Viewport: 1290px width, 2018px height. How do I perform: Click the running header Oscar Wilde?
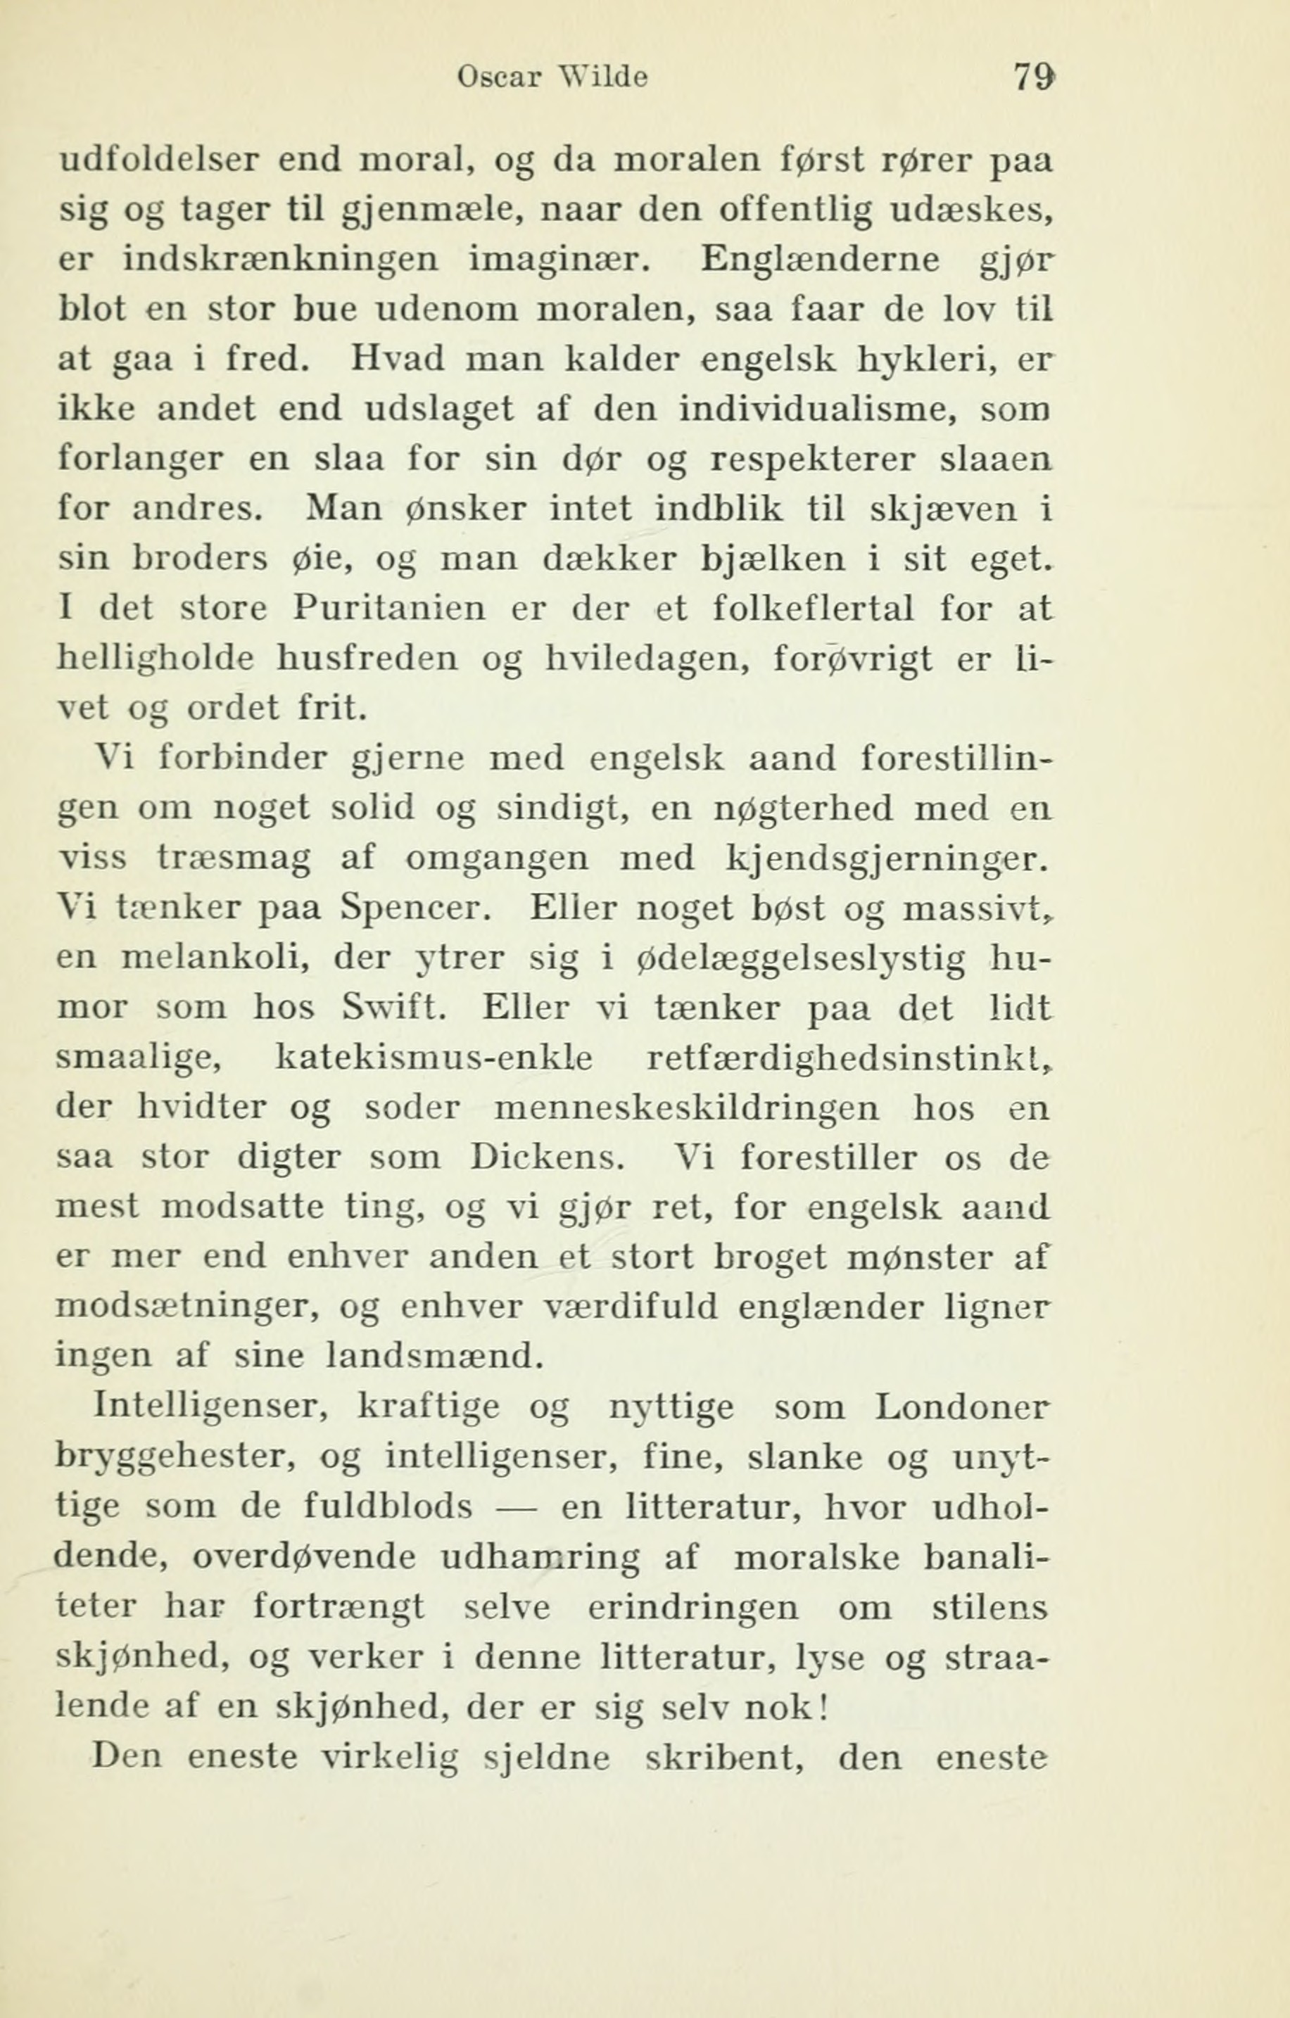click(x=553, y=78)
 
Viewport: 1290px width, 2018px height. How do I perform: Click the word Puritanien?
click(x=390, y=607)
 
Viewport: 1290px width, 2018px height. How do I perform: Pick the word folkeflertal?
click(x=812, y=607)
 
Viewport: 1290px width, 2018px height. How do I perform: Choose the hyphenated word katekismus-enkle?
click(x=434, y=1058)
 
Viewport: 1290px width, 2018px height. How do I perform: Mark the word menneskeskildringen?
click(x=688, y=1108)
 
